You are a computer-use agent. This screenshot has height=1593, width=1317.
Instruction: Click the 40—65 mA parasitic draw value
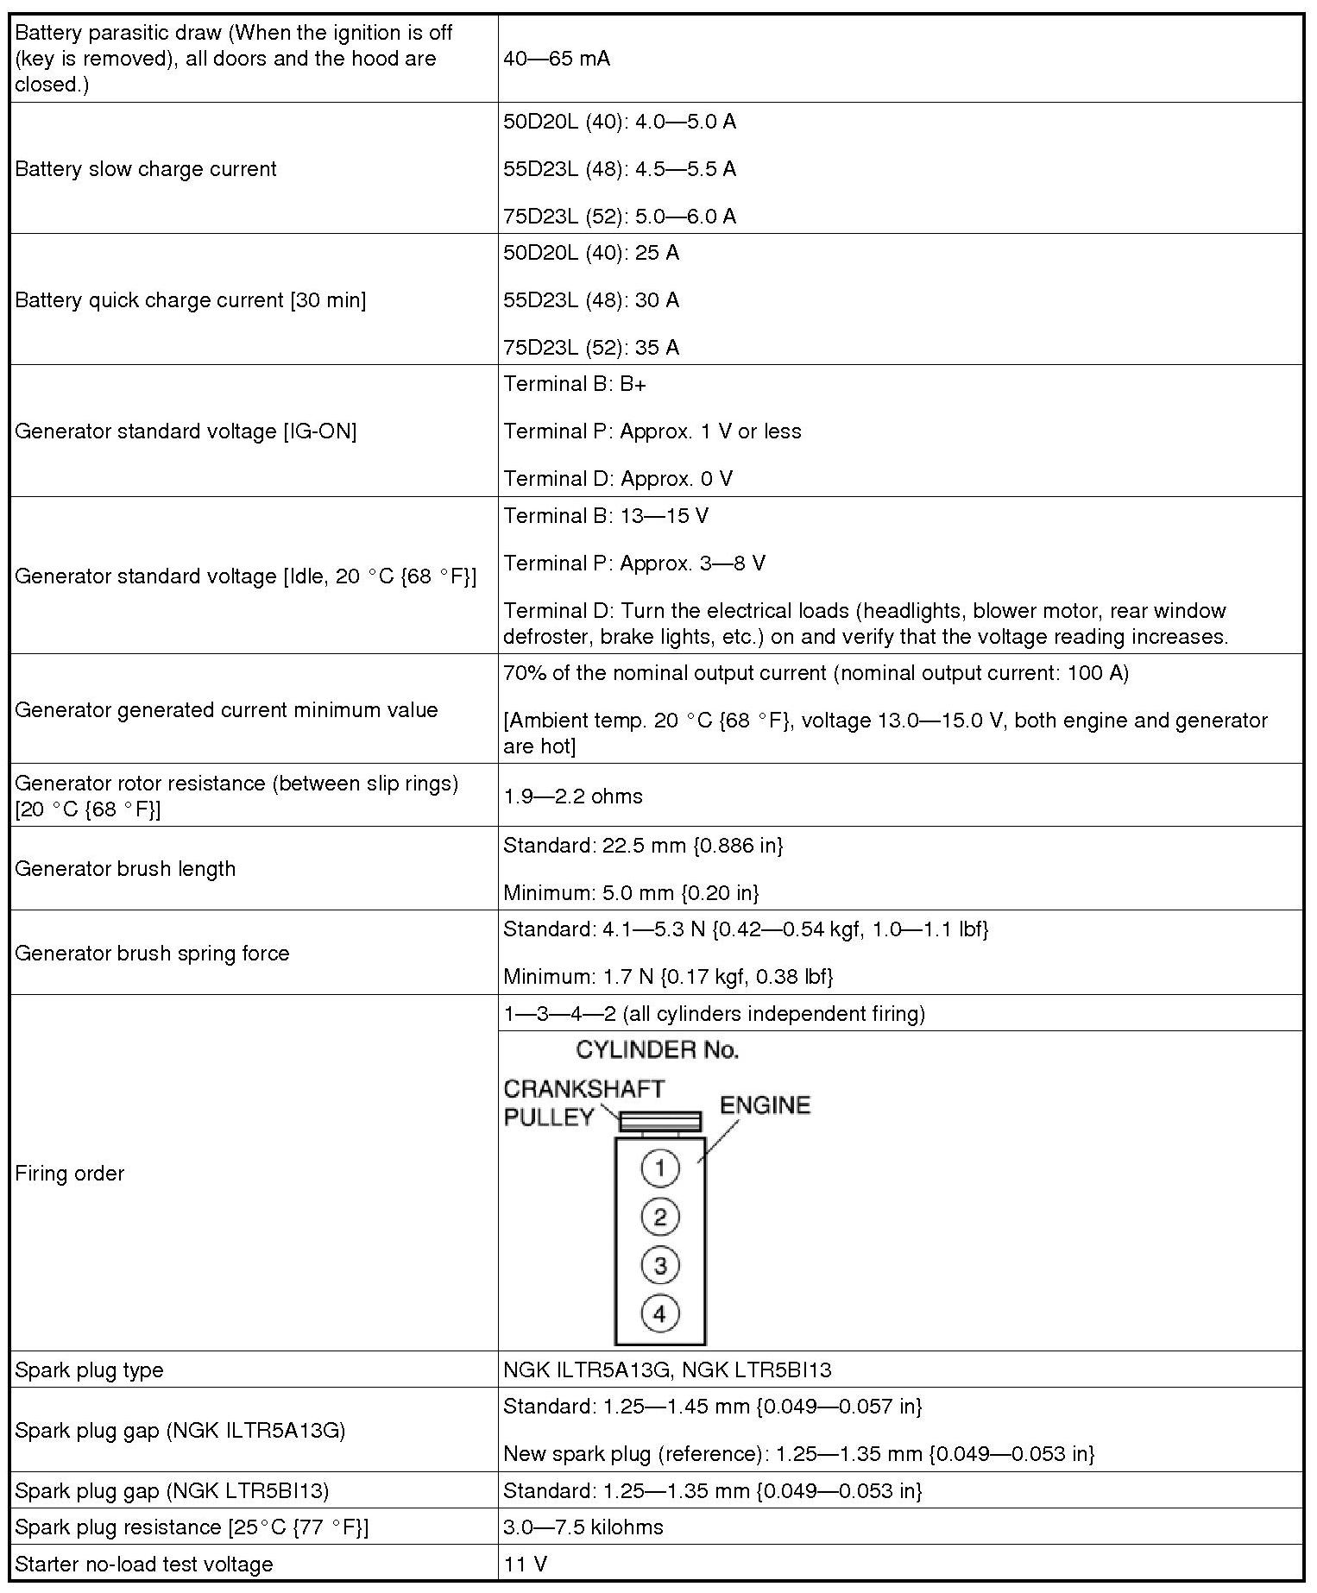pyautogui.click(x=557, y=59)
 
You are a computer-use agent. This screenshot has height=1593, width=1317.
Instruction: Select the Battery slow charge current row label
pyautogui.click(x=146, y=168)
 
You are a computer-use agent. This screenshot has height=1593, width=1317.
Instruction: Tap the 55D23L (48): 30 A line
pyautogui.click(x=591, y=300)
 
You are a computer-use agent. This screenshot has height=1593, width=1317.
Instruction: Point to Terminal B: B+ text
pyautogui.click(x=575, y=384)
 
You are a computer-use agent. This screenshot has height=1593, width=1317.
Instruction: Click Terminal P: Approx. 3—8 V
pyautogui.click(x=634, y=564)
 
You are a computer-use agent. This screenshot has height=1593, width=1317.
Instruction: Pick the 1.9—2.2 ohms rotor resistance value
pyautogui.click(x=573, y=796)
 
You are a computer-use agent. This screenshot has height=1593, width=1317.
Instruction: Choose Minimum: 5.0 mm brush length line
pyautogui.click(x=631, y=892)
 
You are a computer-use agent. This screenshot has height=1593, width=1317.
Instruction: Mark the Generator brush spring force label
pyautogui.click(x=152, y=953)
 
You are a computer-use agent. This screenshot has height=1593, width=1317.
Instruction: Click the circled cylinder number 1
pyautogui.click(x=660, y=1168)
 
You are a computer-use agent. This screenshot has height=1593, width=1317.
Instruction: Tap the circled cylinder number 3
pyautogui.click(x=660, y=1266)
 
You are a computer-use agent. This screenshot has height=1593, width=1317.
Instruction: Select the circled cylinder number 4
pyautogui.click(x=660, y=1314)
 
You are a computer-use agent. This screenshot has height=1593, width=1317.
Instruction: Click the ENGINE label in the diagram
pyautogui.click(x=765, y=1105)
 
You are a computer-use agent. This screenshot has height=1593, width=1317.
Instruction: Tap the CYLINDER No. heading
pyautogui.click(x=657, y=1050)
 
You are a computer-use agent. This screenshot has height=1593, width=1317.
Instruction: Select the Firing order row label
pyautogui.click(x=70, y=1174)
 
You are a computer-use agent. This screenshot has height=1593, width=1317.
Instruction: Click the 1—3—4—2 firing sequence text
pyautogui.click(x=714, y=1013)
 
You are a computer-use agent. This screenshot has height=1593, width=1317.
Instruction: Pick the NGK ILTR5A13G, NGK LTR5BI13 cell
pyautogui.click(x=667, y=1370)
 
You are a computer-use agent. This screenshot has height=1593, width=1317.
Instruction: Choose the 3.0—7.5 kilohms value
pyautogui.click(x=583, y=1527)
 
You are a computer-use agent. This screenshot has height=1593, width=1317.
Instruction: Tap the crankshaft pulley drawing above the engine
pyautogui.click(x=660, y=1122)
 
